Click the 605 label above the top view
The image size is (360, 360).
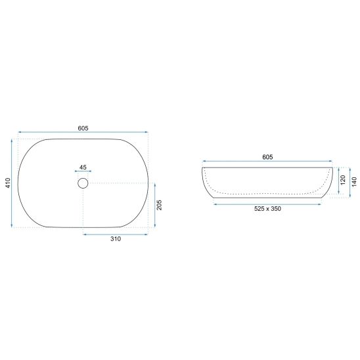(83, 128)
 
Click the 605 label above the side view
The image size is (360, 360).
(267, 157)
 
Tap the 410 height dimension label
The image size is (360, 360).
(8, 183)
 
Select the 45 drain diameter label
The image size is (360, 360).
(83, 167)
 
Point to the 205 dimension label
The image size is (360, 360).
(159, 205)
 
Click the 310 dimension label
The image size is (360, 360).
(116, 238)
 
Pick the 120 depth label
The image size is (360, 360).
(343, 180)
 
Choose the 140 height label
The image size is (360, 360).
(354, 181)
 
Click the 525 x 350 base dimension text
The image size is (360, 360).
(267, 209)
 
